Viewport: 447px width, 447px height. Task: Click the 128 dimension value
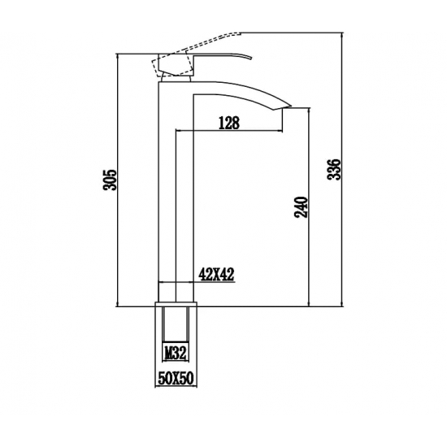[x=230, y=123]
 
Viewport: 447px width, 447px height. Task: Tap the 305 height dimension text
[x=111, y=180]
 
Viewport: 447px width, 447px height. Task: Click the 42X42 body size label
[x=217, y=275]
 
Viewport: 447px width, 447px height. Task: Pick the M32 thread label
[x=176, y=352]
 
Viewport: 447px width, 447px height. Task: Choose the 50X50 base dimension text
[x=176, y=378]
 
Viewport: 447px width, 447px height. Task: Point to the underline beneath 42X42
[x=217, y=283]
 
